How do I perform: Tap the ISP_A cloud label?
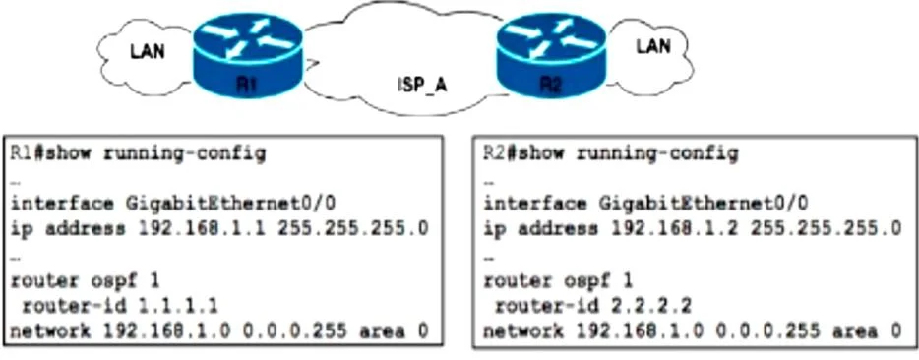[420, 85]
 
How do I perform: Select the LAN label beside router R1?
[148, 51]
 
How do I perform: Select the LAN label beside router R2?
[653, 45]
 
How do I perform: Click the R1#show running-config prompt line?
[138, 154]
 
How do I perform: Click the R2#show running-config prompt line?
[611, 154]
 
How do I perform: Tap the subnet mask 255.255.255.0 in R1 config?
[353, 228]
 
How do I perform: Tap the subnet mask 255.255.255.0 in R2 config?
[827, 228]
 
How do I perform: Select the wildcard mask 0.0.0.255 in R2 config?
[767, 331]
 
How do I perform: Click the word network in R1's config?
[50, 331]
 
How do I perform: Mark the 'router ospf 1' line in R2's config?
[558, 281]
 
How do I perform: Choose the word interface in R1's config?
[62, 204]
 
